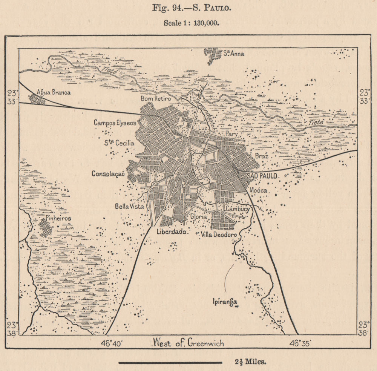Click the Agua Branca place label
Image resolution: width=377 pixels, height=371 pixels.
click(54, 92)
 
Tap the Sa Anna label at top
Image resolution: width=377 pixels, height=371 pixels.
click(233, 54)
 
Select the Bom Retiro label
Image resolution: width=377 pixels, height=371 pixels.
click(155, 98)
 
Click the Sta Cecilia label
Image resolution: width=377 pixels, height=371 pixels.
click(119, 143)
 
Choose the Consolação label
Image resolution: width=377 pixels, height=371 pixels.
click(108, 173)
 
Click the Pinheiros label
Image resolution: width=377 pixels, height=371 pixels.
click(57, 218)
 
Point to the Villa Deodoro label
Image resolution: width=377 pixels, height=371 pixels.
click(219, 235)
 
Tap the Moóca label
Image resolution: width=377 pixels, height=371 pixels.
click(258, 190)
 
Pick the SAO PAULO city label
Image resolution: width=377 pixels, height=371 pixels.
click(262, 176)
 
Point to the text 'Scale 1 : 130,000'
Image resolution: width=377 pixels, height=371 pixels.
click(192, 23)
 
